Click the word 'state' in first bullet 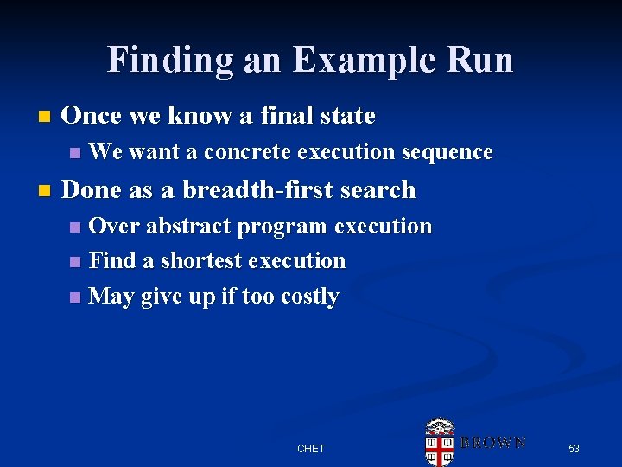346,115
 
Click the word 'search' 378,189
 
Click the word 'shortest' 202,260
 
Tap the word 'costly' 309,297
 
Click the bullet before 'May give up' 76,297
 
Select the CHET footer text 311,448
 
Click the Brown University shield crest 440,443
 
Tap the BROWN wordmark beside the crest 492,442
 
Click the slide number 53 574,448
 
